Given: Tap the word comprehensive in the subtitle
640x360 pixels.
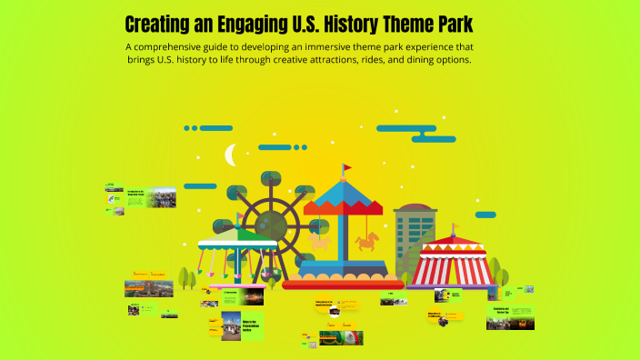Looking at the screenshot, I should coord(191,46).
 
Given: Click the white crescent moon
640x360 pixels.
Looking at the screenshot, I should coord(231,155).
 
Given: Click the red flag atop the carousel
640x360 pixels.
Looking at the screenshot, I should coord(345,168).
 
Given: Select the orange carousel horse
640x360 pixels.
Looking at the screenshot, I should coord(367,241).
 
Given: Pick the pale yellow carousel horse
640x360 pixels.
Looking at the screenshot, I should coord(318,241).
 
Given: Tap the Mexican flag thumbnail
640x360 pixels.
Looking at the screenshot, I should coord(351,335).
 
